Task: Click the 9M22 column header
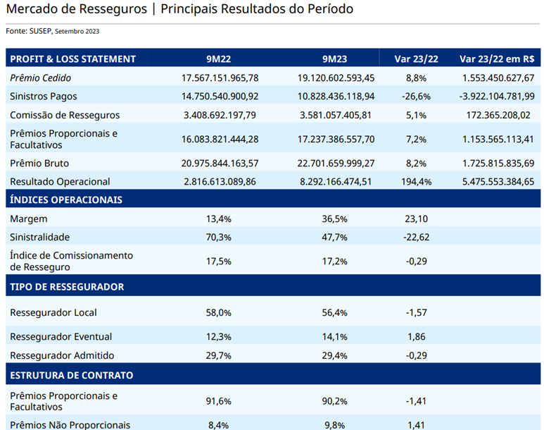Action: [x=220, y=59]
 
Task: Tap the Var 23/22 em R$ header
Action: [x=496, y=59]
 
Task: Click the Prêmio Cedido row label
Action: [x=41, y=78]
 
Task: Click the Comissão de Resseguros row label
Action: [x=65, y=115]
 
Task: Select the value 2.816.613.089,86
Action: [x=220, y=181]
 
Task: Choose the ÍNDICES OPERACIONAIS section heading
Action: [x=66, y=199]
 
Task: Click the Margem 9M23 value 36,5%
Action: [x=335, y=219]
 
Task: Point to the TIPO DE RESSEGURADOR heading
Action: [x=67, y=287]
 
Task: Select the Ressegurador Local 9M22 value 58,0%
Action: [x=219, y=312]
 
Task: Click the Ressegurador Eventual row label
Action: [x=61, y=336]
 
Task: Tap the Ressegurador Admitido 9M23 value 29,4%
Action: [x=335, y=355]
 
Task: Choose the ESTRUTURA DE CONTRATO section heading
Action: [x=72, y=375]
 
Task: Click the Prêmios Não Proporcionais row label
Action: [x=70, y=424]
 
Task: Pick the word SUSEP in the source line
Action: [x=41, y=31]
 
